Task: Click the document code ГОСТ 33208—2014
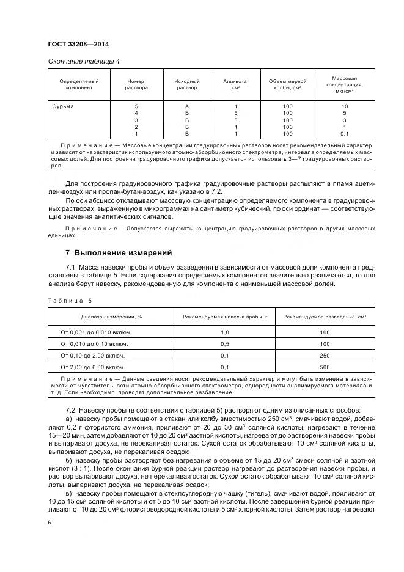coord(74,44)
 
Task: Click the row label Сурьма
coord(62,106)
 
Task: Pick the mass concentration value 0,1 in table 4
coord(344,133)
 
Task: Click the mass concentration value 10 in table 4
coord(344,106)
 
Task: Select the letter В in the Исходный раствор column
coord(187,133)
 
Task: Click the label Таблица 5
coord(68,301)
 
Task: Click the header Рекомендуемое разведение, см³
coord(325,317)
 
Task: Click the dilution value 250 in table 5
coord(325,356)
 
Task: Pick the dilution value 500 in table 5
coord(325,367)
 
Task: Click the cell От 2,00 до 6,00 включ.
coord(92,367)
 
